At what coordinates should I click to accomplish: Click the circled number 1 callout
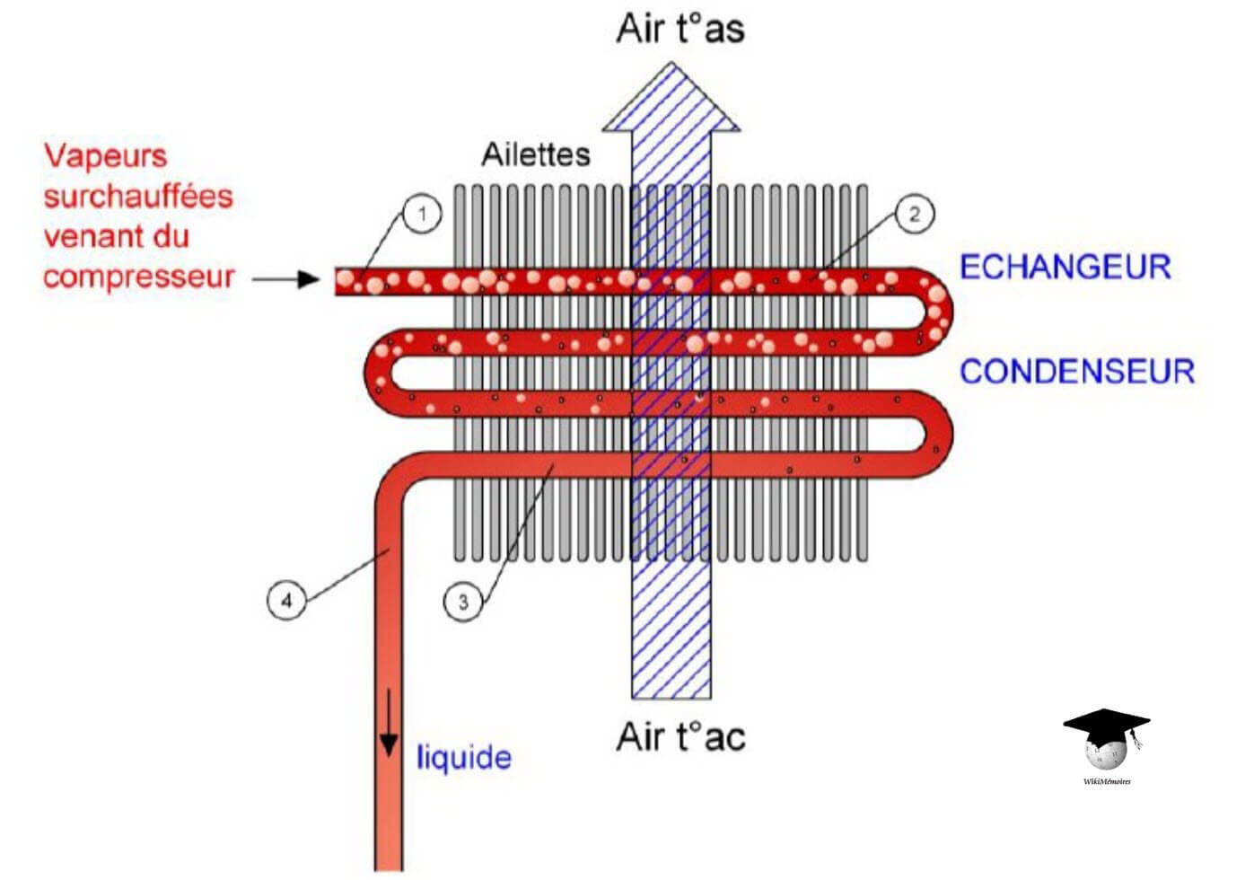click(423, 215)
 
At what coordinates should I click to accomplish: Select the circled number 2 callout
click(915, 215)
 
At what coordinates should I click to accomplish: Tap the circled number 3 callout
click(463, 602)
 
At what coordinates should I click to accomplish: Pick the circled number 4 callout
click(287, 600)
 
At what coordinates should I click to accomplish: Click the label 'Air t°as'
click(680, 28)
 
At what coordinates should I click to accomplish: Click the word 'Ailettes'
click(536, 154)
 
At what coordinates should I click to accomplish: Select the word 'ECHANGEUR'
click(1065, 267)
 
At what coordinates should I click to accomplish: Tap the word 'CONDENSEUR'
click(1077, 371)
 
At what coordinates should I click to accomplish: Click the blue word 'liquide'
click(463, 758)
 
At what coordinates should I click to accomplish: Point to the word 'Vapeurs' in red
click(106, 155)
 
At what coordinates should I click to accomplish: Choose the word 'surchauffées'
click(138, 196)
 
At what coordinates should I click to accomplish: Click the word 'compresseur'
click(138, 277)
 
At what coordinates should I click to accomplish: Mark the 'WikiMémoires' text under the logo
click(1107, 781)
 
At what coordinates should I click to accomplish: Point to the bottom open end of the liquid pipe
click(388, 867)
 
